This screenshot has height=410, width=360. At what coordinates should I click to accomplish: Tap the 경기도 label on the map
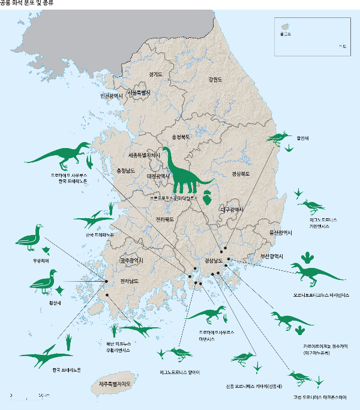coord(155,74)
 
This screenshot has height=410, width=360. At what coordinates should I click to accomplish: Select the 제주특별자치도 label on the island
coord(113,382)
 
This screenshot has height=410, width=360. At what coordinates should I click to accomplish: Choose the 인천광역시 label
coord(112,95)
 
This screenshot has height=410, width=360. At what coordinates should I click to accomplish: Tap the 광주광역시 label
coord(131,261)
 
